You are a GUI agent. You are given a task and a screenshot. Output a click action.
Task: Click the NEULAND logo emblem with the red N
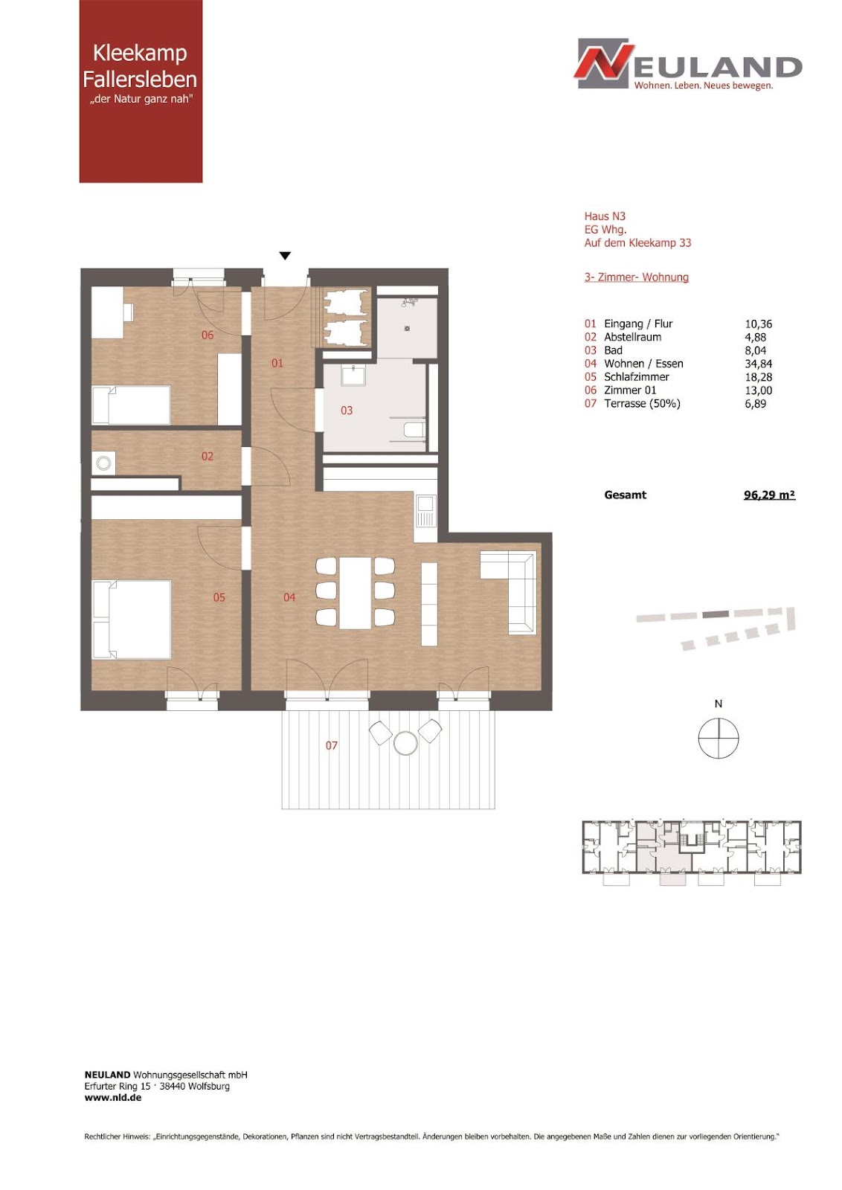click(x=605, y=62)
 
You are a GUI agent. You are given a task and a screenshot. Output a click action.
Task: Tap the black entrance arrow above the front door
click(x=286, y=256)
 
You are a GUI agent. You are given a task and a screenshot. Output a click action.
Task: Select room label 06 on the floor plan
click(x=208, y=335)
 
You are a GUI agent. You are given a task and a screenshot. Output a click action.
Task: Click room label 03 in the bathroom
click(x=347, y=410)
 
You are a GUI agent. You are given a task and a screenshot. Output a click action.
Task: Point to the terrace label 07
click(x=332, y=745)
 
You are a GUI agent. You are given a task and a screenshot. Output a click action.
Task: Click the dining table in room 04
click(x=356, y=592)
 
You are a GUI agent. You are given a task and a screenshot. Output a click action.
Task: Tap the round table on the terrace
click(x=406, y=742)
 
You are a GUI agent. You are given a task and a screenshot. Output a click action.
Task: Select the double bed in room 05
click(x=131, y=620)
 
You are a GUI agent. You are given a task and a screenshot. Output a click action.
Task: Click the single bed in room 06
click(x=131, y=405)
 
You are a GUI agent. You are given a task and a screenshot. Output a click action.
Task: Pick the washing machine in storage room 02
click(x=103, y=463)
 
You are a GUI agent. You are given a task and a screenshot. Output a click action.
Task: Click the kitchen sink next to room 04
click(x=426, y=510)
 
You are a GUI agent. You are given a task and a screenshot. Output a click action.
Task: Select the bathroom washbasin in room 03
click(x=353, y=376)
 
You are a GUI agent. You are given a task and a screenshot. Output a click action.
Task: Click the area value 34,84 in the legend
click(x=758, y=364)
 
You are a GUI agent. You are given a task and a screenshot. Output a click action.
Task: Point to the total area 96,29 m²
click(x=769, y=495)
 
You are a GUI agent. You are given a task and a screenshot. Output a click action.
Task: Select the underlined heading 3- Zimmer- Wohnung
click(x=637, y=277)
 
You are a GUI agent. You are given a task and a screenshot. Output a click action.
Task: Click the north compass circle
click(x=719, y=737)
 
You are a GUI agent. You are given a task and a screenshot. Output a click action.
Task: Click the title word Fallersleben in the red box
click(x=141, y=80)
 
